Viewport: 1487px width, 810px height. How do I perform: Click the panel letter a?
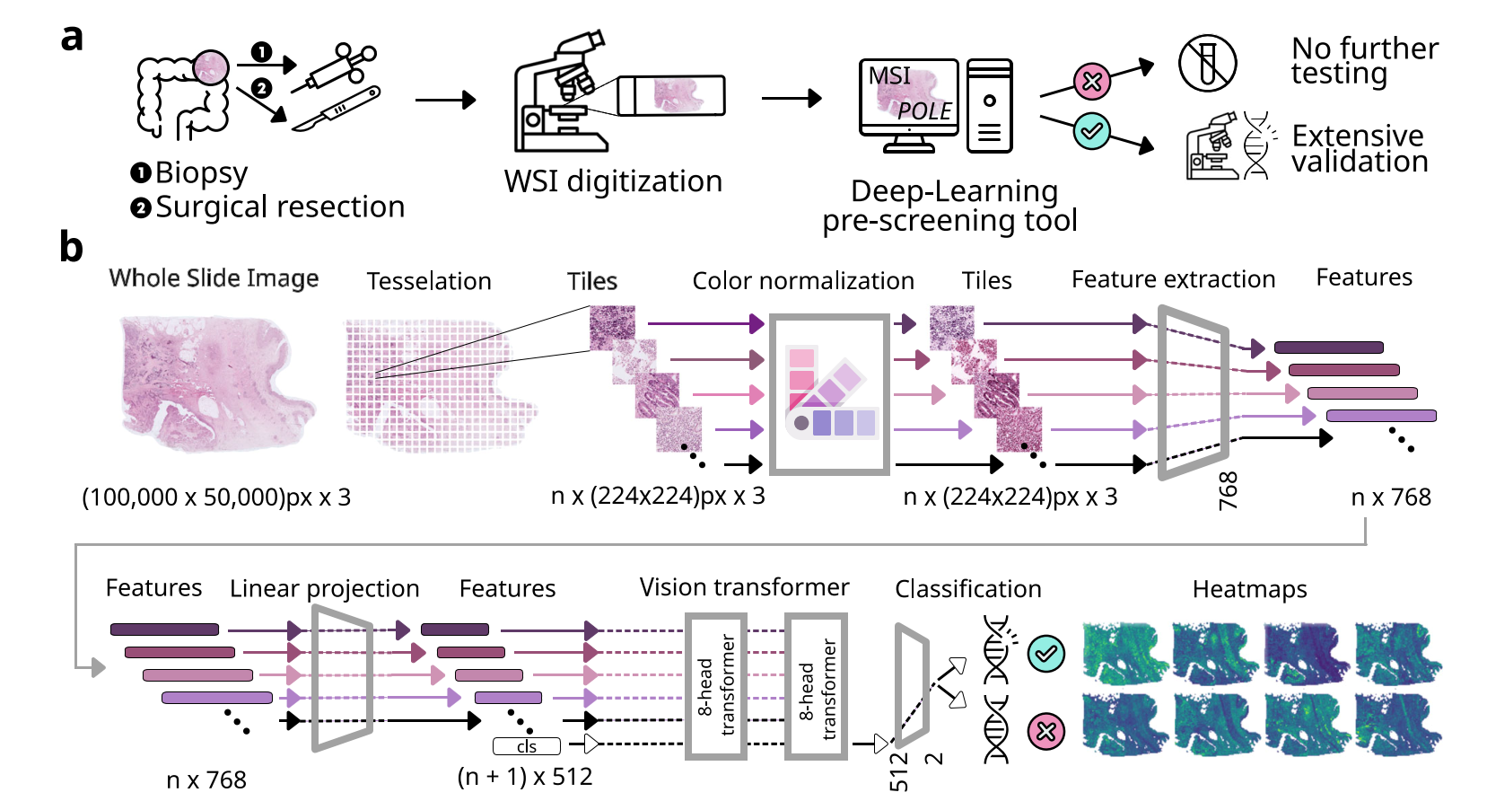[x=72, y=39]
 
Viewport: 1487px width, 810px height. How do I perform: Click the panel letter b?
[x=71, y=247]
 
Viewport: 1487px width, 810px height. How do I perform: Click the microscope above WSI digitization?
[x=561, y=94]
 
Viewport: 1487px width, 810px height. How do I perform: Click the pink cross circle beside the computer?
[x=1091, y=82]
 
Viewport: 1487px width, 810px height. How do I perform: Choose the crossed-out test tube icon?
[x=1207, y=64]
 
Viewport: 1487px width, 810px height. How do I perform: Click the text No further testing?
[x=1364, y=60]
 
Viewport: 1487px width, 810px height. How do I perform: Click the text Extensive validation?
[x=1360, y=148]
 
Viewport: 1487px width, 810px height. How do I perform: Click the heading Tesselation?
[x=429, y=281]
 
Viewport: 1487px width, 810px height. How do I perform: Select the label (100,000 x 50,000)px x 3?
[x=216, y=497]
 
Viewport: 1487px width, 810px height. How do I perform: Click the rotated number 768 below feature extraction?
[x=1228, y=491]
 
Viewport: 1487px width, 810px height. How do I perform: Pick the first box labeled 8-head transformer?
[x=716, y=686]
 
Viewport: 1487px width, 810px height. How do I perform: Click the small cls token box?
[x=527, y=746]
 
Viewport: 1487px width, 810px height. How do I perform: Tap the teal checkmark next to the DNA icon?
[x=1045, y=653]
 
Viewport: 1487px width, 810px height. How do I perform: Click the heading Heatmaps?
[x=1249, y=589]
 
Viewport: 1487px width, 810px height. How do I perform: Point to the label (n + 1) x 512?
[x=525, y=777]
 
